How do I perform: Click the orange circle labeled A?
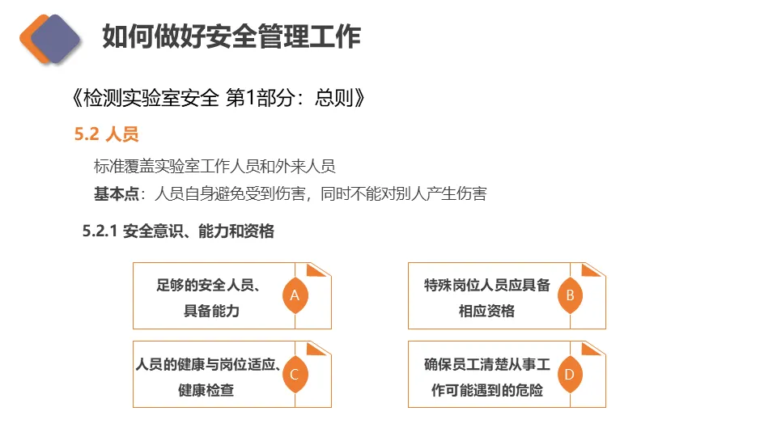[295, 295]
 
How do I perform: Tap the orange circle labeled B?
[570, 295]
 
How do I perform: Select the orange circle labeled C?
[295, 375]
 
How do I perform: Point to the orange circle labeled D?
[570, 375]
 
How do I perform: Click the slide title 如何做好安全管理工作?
[231, 36]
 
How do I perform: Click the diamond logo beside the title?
[50, 37]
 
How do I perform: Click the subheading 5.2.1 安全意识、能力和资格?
[178, 231]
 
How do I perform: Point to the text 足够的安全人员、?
[208, 285]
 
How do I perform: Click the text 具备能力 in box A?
[211, 311]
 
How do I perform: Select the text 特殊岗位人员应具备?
[486, 285]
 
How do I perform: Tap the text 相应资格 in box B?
[486, 311]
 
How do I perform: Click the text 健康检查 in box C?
[206, 390]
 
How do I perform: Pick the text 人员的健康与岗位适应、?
[208, 364]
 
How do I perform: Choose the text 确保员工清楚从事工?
[486, 364]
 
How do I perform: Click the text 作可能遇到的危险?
[486, 390]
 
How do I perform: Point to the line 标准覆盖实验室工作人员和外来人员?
[214, 167]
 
